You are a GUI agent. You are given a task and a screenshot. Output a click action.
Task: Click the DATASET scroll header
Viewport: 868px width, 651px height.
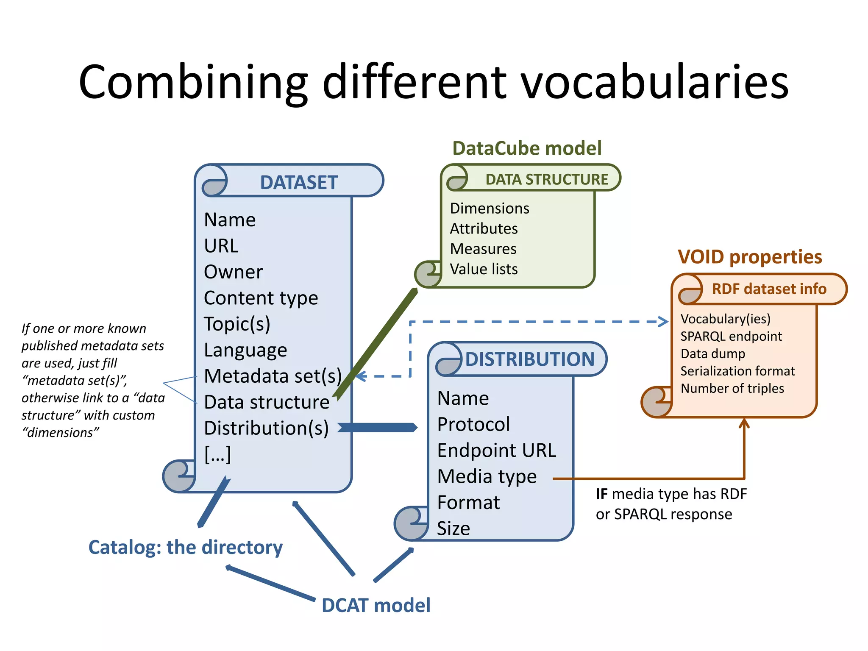point(298,183)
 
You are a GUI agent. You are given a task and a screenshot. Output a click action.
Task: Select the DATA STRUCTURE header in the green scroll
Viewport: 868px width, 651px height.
point(546,179)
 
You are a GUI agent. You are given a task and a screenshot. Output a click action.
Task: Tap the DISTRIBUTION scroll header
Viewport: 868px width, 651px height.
point(530,359)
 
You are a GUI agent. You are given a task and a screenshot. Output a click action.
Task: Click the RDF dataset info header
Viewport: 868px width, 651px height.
point(768,289)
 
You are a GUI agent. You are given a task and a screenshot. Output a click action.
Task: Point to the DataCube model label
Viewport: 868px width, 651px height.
point(527,148)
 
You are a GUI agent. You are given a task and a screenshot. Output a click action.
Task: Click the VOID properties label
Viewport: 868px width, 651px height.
point(750,257)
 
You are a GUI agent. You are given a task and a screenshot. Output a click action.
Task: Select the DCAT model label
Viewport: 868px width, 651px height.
point(376,605)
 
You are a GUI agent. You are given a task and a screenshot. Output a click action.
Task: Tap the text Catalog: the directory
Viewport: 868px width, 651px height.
point(185,547)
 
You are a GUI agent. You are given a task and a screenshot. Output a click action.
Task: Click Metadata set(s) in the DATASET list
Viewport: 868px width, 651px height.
point(273,376)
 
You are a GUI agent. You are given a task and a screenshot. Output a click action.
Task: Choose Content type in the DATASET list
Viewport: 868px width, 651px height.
point(261,298)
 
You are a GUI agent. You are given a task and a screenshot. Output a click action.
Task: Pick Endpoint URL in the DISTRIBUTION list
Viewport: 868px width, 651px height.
point(496,451)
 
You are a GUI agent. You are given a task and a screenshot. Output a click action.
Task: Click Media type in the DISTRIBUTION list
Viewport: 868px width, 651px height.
point(487,476)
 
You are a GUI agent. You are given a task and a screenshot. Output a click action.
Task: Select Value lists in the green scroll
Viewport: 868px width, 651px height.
point(484,269)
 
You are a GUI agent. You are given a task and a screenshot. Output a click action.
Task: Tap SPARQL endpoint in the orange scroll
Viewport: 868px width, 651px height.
point(731,336)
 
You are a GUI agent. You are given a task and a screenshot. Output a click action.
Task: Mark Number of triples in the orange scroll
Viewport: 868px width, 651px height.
point(732,388)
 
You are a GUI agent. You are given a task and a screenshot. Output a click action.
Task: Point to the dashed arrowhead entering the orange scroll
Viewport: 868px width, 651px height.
point(663,322)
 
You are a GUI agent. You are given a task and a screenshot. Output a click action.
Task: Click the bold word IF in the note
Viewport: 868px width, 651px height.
point(601,494)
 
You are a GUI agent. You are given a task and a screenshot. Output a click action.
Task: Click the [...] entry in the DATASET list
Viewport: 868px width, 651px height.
point(217,454)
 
